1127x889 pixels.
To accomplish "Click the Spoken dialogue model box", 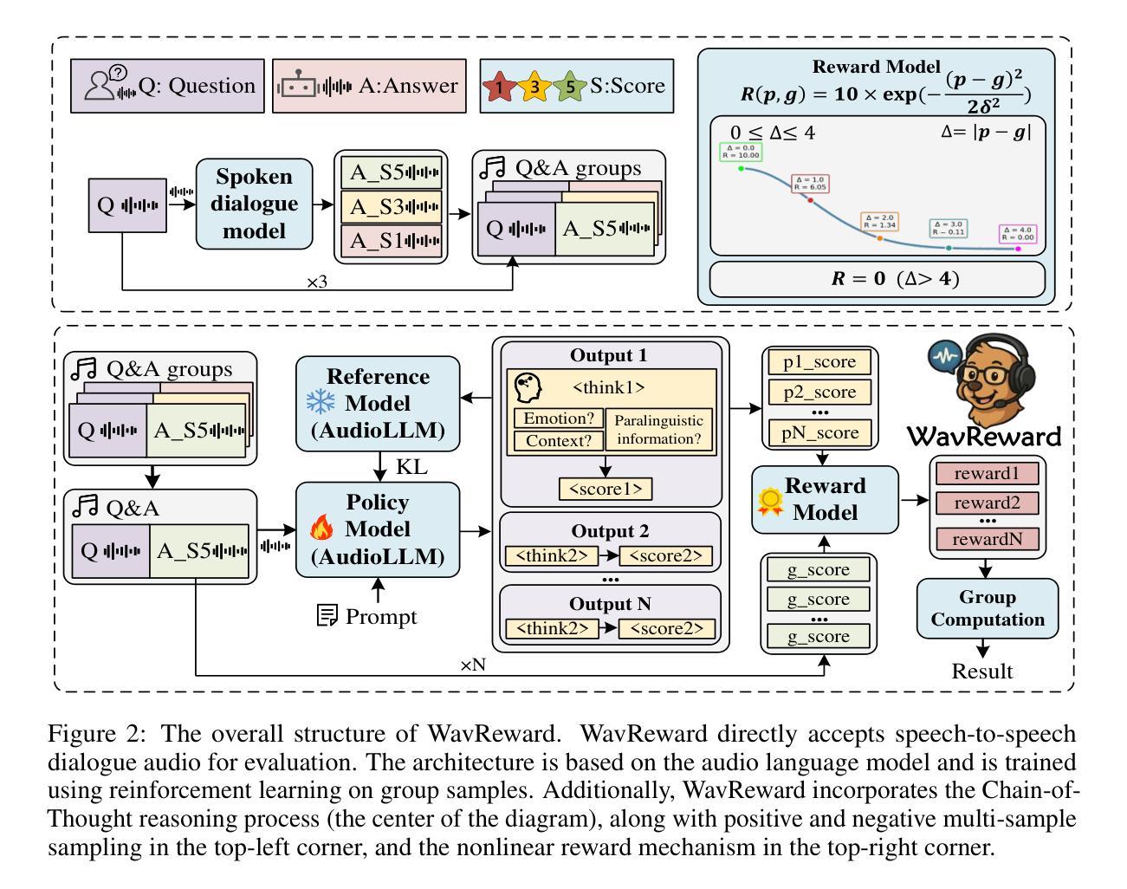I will click(x=254, y=204).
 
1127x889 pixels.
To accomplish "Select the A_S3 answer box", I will click(x=392, y=206).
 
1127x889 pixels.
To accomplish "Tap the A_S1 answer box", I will click(x=392, y=240).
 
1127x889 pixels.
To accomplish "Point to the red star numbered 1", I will click(x=500, y=87).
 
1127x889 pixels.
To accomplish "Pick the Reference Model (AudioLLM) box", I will click(x=378, y=403).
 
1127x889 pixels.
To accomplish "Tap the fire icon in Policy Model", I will click(x=321, y=528).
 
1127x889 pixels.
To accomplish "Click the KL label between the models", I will click(x=411, y=466).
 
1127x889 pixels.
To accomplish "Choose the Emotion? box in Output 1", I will click(x=559, y=418).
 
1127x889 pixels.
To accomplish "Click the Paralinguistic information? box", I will click(x=658, y=429).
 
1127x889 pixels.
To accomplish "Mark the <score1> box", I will click(x=606, y=489).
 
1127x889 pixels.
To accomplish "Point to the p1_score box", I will click(x=819, y=362).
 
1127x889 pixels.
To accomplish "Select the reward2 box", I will click(x=986, y=503).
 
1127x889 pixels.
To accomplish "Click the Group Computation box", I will click(x=988, y=608).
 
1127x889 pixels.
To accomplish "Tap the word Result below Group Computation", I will click(x=982, y=671).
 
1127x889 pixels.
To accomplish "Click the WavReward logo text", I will click(x=983, y=434).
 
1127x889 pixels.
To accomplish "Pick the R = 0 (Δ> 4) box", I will click(x=877, y=279).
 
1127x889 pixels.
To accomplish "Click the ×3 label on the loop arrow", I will click(x=316, y=282).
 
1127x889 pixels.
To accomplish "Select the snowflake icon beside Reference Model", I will click(x=319, y=402).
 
